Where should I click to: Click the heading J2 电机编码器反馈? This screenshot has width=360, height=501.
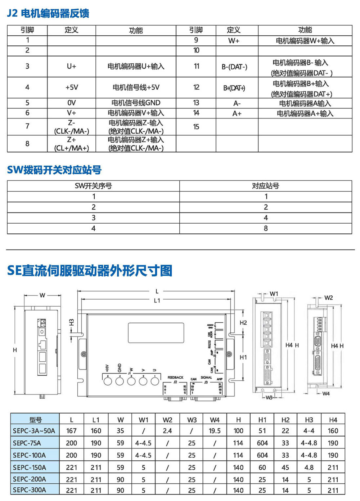pyautogui.click(x=48, y=13)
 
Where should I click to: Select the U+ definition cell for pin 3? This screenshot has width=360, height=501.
pyautogui.click(x=71, y=67)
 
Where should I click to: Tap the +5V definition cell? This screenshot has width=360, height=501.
pyautogui.click(x=71, y=88)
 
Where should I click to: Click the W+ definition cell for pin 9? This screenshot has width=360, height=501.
pyautogui.click(x=234, y=41)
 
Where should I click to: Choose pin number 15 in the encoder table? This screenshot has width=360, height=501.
pyautogui.click(x=196, y=127)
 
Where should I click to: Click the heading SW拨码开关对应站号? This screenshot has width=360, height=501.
pyautogui.click(x=54, y=170)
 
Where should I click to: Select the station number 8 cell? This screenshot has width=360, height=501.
pyautogui.click(x=266, y=228)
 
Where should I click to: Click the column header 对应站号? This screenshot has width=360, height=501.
pyautogui.click(x=266, y=186)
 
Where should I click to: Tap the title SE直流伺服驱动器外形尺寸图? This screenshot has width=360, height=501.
pyautogui.click(x=90, y=270)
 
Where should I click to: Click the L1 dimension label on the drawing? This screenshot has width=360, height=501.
pyautogui.click(x=157, y=300)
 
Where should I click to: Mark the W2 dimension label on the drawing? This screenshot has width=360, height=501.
pyautogui.click(x=328, y=298)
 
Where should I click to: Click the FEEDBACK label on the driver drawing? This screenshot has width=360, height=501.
pyautogui.click(x=175, y=377)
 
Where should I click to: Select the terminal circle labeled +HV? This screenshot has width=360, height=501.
pyautogui.click(x=108, y=380)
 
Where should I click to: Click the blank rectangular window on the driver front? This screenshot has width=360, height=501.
pyautogui.click(x=156, y=332)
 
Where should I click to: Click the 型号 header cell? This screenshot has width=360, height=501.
pyautogui.click(x=35, y=420)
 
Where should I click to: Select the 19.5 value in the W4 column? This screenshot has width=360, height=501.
pyautogui.click(x=215, y=431)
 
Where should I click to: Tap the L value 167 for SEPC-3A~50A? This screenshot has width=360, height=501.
pyautogui.click(x=71, y=431)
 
